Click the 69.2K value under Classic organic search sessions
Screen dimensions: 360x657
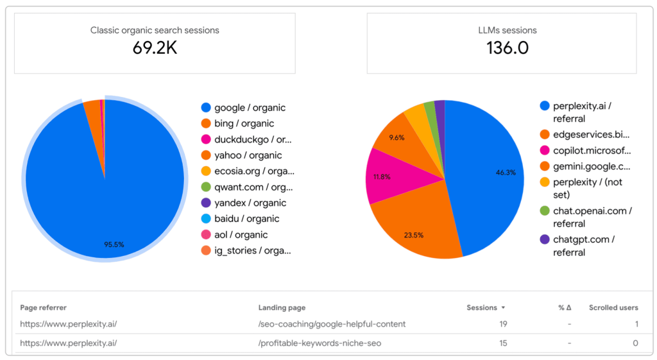click(155, 47)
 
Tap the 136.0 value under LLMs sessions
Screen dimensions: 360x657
click(507, 47)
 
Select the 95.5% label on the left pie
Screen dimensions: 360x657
click(114, 244)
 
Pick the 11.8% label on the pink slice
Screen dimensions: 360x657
click(382, 176)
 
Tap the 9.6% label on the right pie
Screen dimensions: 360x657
click(397, 137)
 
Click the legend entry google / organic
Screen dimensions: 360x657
click(250, 108)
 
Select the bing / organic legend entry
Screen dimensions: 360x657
click(244, 123)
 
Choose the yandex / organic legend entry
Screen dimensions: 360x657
click(250, 203)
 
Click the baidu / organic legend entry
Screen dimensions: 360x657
click(246, 219)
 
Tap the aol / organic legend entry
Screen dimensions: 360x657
click(241, 235)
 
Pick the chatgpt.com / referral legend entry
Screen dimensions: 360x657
click(583, 246)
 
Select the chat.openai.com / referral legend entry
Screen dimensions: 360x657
click(592, 217)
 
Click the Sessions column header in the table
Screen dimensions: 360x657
click(482, 307)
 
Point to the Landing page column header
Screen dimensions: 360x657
click(282, 307)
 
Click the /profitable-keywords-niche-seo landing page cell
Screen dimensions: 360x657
click(320, 343)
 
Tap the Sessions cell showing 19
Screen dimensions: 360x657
click(503, 324)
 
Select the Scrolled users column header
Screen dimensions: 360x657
click(613, 307)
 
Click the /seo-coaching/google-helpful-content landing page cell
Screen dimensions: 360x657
click(332, 324)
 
